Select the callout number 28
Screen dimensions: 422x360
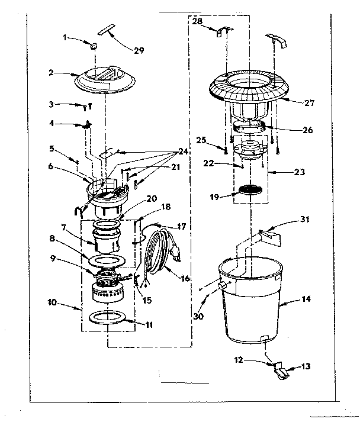click(197, 21)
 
